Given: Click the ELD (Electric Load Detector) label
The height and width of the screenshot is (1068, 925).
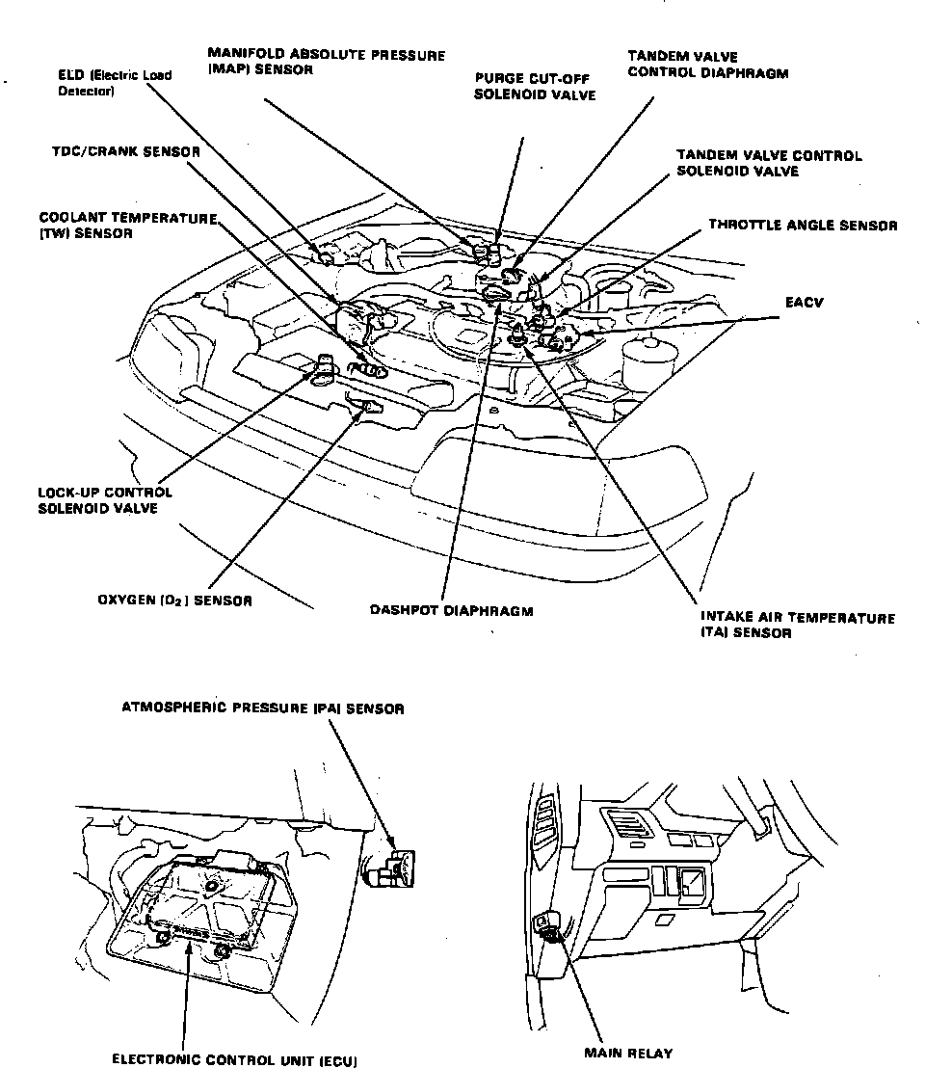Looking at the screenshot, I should [x=115, y=83].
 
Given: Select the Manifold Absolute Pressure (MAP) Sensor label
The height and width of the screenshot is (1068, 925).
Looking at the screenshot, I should [x=326, y=64].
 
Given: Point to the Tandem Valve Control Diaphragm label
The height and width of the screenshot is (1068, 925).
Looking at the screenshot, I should [x=707, y=65].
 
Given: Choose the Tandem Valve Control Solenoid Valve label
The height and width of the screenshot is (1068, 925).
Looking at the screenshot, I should [x=768, y=163].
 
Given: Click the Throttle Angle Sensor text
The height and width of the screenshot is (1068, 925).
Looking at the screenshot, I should [x=803, y=225].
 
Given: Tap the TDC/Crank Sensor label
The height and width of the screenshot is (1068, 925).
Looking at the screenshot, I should [x=125, y=152].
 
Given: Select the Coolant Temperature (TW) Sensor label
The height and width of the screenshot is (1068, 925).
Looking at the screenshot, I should [x=127, y=226].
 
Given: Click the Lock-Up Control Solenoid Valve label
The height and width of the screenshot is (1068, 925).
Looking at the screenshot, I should [x=105, y=499].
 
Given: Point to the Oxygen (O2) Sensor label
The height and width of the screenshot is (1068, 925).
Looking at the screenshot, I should [x=174, y=601].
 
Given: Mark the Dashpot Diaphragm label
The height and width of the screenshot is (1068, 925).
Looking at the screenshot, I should [x=451, y=610].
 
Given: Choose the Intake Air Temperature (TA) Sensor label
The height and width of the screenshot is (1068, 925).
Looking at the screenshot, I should [x=797, y=626].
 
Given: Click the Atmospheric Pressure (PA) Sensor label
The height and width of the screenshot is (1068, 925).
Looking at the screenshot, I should [x=263, y=708].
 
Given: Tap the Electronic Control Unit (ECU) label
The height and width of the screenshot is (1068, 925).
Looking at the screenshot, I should [x=234, y=1059].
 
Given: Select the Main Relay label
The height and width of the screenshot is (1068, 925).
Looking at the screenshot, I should [x=628, y=1053].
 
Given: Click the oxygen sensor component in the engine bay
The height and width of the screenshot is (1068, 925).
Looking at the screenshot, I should [x=366, y=412].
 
